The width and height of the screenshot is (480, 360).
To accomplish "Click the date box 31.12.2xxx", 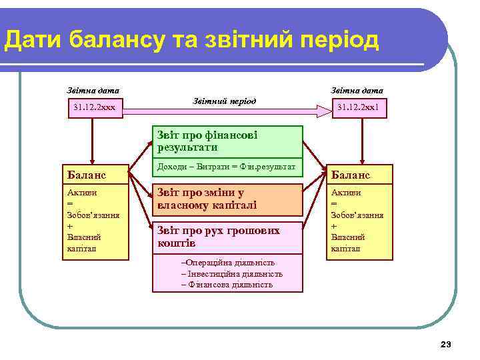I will click(96, 107).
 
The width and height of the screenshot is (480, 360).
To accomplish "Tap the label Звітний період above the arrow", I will click(224, 101).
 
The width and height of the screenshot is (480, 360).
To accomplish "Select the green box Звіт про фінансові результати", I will click(227, 141).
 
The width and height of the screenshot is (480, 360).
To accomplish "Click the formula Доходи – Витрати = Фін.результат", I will click(227, 166).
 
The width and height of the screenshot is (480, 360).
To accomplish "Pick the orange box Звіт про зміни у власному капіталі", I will click(227, 199).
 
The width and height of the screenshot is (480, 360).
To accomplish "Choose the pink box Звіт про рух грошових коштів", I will click(227, 237).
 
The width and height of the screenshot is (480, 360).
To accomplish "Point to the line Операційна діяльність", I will click(228, 263).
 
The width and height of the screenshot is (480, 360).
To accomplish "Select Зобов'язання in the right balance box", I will click(357, 215).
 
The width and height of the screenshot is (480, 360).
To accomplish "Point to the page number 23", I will click(446, 344).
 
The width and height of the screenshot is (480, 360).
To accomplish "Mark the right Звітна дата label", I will click(357, 90).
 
